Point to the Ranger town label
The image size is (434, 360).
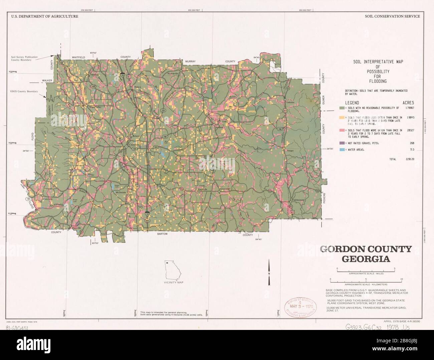tap(290, 151)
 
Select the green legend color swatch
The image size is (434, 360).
tap(342, 108)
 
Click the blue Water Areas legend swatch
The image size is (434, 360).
tap(342, 150)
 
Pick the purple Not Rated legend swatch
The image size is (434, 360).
tap(342, 143)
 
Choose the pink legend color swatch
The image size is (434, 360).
tap(342, 130)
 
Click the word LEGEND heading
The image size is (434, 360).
tap(352, 103)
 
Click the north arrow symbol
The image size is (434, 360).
tap(269, 272)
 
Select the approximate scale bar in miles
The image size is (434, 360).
tap(366, 269)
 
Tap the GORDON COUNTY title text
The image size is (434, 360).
tap(366, 249)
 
